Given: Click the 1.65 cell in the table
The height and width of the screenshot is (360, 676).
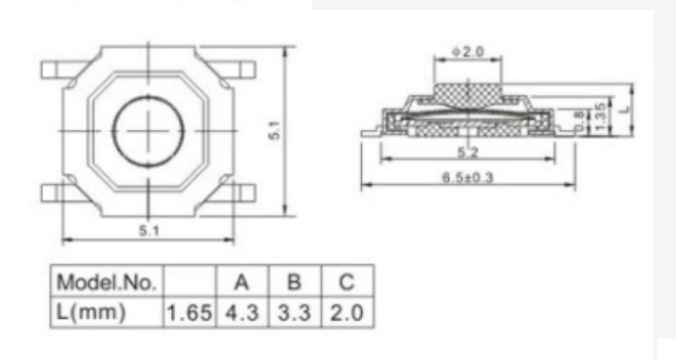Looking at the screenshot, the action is (189, 313).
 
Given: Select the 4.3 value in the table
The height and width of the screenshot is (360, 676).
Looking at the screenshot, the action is (242, 313).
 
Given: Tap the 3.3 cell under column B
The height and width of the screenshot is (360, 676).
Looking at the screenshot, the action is (294, 313).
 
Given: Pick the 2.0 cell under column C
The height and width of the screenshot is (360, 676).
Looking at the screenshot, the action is (347, 313).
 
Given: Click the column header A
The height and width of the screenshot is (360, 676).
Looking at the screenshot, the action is (242, 283).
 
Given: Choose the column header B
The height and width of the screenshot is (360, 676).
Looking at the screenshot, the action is (294, 283).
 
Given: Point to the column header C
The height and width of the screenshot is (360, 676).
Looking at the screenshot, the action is (346, 283).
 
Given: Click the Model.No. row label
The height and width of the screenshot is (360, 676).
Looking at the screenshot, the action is (107, 283).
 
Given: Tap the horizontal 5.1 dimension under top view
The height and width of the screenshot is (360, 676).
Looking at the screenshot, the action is (149, 231).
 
